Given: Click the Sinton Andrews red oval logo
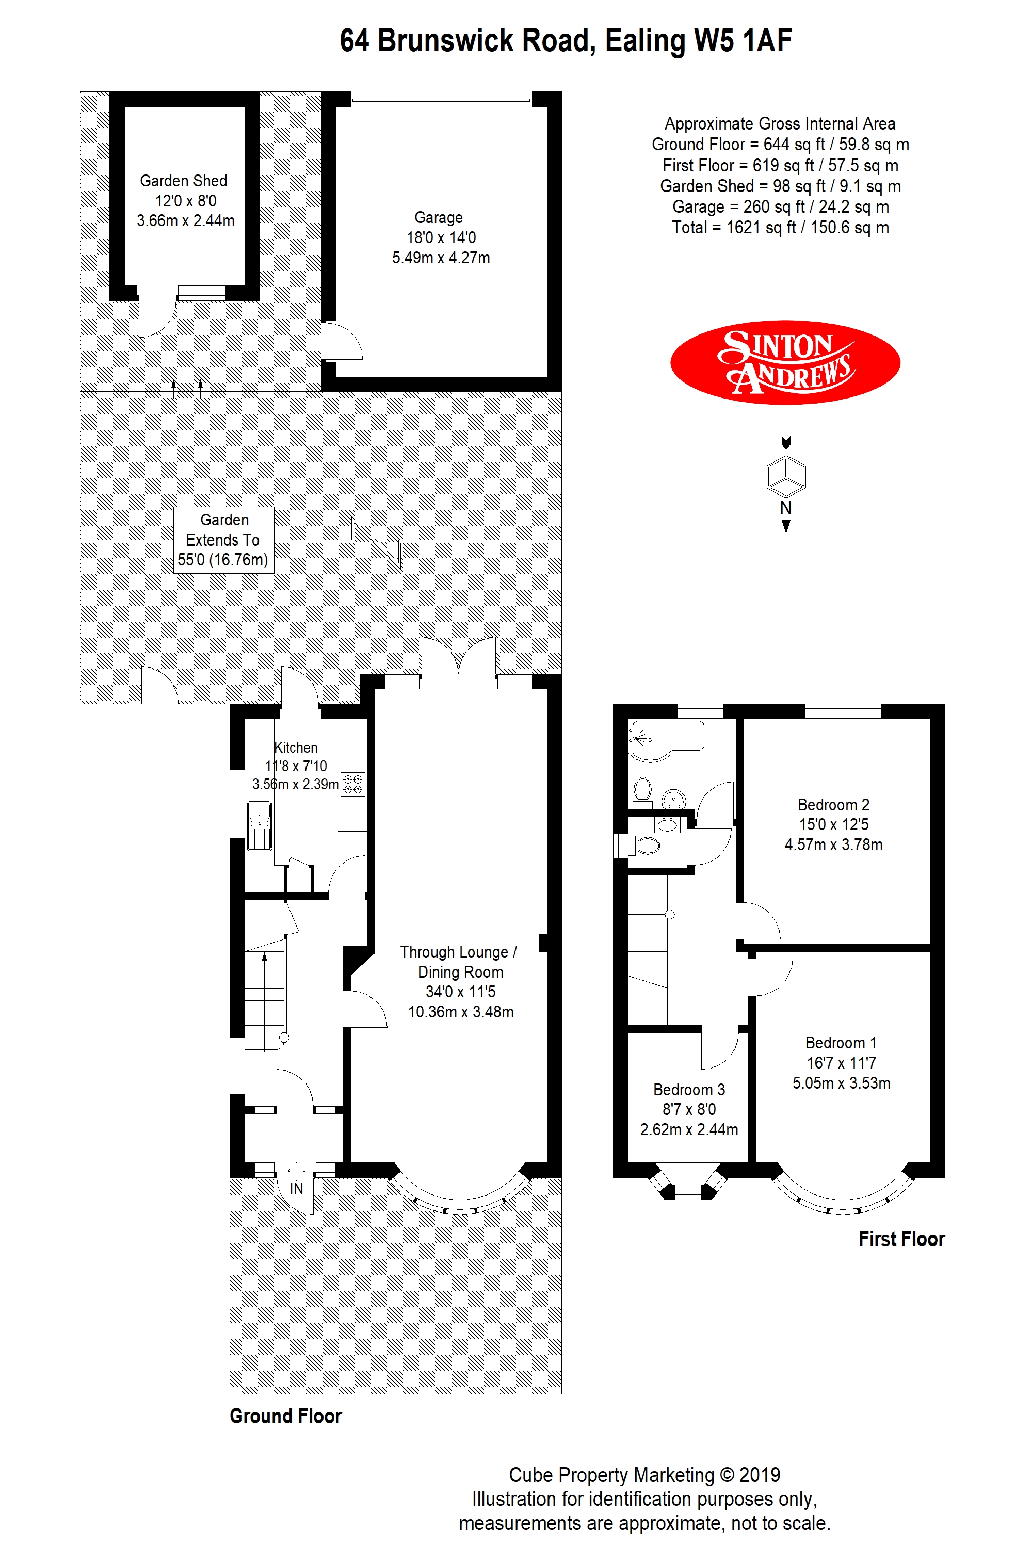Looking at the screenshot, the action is coord(785,362).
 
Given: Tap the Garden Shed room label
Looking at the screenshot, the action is coord(184,181).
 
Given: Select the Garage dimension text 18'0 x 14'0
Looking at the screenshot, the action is coord(441,237).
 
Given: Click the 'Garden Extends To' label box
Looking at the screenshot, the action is coord(224,540).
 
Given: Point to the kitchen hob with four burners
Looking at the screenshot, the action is coord(353,784).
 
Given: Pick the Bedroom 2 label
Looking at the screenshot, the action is coord(833,805).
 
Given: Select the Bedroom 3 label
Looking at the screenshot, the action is coord(689,1090).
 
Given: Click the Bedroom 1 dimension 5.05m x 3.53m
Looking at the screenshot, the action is coord(841,1083).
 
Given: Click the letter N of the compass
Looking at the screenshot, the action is coord(786,507).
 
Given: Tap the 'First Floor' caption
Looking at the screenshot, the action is coord(901,1239).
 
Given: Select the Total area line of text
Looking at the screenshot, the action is coord(781,228).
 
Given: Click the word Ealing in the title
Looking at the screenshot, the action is coord(645,41).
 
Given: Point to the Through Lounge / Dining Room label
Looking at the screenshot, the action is coord(459,962).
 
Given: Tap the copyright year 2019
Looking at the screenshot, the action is coord(760,1475).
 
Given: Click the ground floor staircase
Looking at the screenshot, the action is coord(265,994).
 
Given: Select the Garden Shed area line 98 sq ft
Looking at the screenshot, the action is coord(781,186).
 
